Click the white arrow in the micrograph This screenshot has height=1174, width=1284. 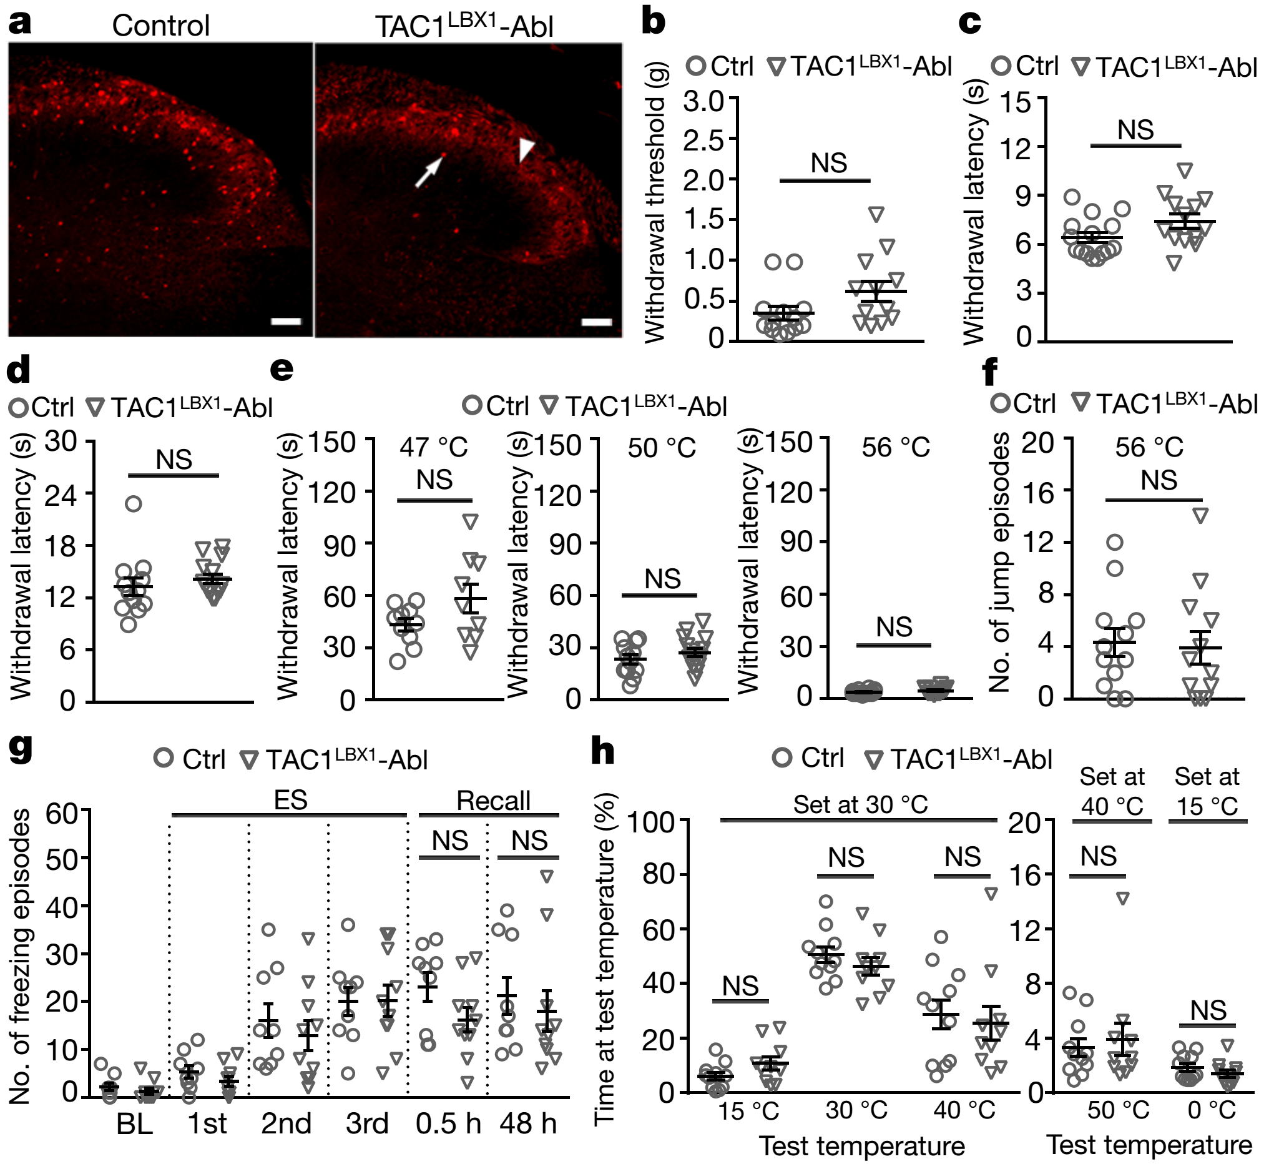pos(429,172)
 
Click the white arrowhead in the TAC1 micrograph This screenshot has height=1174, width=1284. pos(526,151)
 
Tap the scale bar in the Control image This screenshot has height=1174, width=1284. pos(286,321)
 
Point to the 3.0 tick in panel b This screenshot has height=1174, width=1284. pos(703,101)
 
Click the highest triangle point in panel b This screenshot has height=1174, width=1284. pos(876,215)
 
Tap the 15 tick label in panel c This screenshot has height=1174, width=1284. pos(1016,102)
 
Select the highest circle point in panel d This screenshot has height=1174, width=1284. pos(133,504)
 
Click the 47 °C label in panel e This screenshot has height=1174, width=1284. pos(433,447)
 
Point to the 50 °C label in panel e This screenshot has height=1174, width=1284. pos(662,448)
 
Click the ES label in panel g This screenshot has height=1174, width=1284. pos(290,800)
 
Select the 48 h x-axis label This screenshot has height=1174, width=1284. pos(527,1123)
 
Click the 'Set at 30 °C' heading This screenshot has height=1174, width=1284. pos(860,804)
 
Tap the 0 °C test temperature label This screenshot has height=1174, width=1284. pos(1212,1110)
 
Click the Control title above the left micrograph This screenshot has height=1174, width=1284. pos(160,26)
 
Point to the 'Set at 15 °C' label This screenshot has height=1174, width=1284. pos(1207,791)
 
